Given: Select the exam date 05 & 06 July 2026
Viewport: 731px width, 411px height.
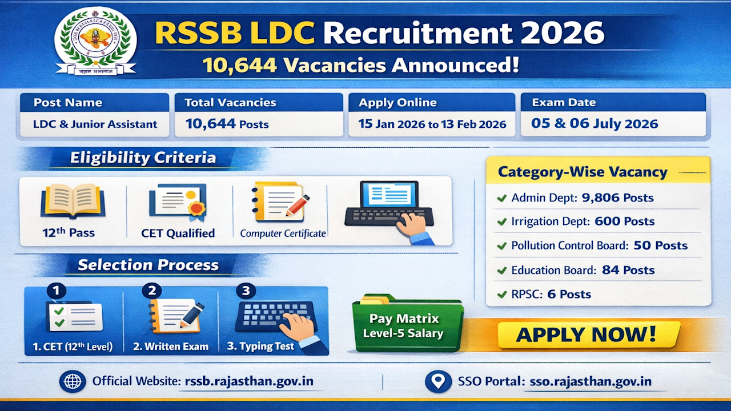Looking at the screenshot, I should tap(595, 124).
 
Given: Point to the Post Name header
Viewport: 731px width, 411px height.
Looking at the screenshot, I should tap(68, 103).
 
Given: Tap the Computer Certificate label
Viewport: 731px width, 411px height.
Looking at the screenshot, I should tap(283, 233).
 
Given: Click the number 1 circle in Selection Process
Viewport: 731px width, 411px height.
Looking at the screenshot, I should tap(56, 292).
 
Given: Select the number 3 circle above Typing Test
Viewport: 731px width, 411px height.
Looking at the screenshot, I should tap(246, 291).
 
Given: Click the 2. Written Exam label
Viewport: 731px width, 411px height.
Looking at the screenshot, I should tap(171, 346).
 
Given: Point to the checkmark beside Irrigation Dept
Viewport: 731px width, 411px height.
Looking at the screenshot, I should tap(502, 222).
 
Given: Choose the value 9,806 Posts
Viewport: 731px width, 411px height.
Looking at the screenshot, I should tap(617, 198).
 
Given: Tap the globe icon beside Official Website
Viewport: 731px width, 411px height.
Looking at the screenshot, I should tap(73, 381).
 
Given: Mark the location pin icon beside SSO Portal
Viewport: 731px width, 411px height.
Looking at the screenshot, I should tap(439, 381).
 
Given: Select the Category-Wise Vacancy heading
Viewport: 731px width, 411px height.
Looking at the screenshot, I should tap(583, 172).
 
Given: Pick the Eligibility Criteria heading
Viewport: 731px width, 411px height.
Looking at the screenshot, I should tap(143, 158).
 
